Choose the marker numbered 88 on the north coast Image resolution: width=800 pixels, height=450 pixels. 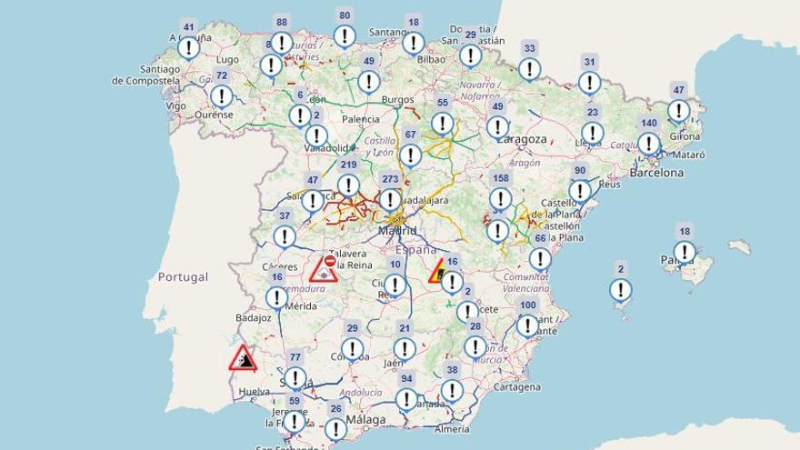coord(282,42)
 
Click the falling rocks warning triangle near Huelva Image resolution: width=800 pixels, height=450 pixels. coord(243,358)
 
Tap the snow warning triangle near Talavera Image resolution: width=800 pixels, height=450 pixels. coord(324,268)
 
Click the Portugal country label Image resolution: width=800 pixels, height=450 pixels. coord(182,276)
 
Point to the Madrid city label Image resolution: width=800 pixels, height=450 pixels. coord(397,231)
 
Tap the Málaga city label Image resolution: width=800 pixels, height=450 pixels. coord(365,419)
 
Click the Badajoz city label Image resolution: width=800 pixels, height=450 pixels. coord(253,318)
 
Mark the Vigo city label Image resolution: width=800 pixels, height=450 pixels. coord(176,105)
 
